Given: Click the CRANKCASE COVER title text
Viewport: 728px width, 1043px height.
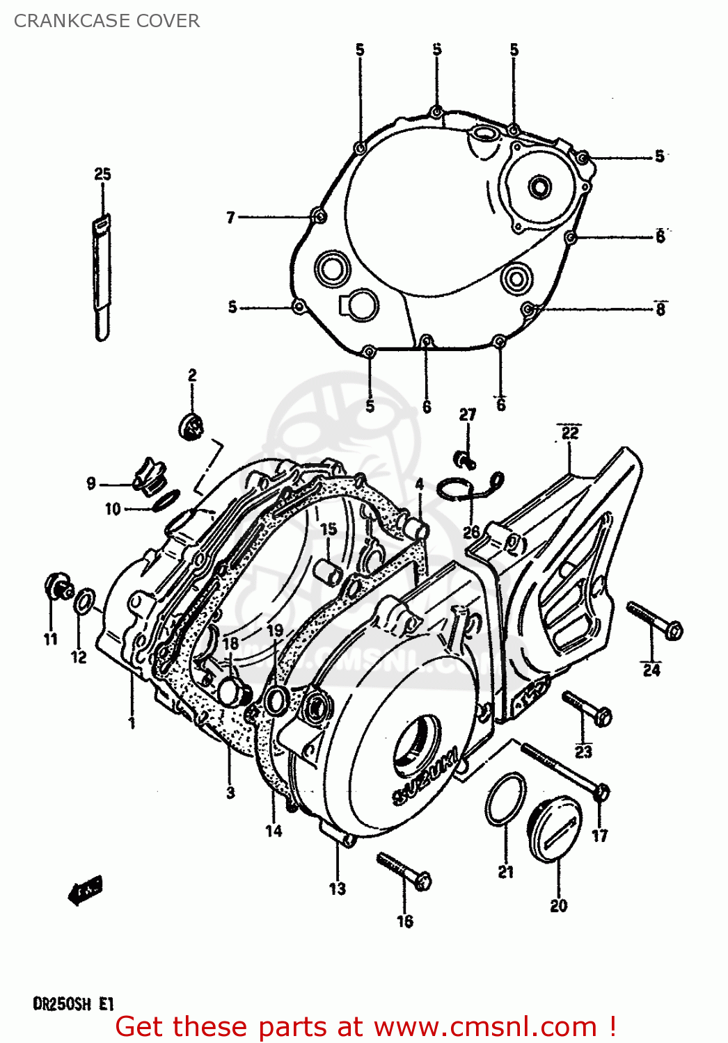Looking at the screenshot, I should pos(106,21).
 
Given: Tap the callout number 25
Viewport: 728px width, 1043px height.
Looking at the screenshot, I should pos(102,174).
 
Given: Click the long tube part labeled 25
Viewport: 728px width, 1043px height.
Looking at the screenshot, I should pos(102,278).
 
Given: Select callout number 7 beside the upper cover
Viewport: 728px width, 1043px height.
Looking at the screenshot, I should pos(231,218).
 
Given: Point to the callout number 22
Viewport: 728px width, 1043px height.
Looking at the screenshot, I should pos(570,433).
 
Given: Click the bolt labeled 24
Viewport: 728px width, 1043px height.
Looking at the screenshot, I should pos(654,620).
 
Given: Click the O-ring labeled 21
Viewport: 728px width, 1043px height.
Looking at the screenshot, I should pos(506,799).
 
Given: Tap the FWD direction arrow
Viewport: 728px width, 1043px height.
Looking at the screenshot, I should pos(85,891).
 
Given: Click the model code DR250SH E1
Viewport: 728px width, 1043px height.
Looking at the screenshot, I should pos(73,1004).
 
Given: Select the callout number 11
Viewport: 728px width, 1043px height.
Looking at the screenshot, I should pos(51,639).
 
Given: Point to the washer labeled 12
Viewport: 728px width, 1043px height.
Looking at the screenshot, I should pos(84,601).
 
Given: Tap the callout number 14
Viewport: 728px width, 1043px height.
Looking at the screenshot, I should pos(274,830).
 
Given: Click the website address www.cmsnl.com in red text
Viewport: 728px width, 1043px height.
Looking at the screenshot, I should pos(485,1027).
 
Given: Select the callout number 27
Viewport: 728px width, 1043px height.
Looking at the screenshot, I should pos(468,415).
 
